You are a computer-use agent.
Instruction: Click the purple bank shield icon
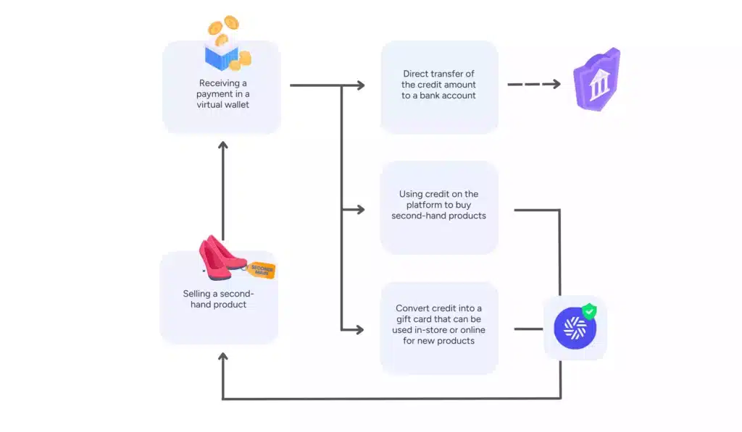click(x=597, y=80)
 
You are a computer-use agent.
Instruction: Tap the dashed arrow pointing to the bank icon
click(x=534, y=84)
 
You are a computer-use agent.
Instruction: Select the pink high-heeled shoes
click(x=221, y=257)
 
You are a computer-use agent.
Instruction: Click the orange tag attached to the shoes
click(x=261, y=270)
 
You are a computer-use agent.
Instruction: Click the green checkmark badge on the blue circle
click(x=589, y=311)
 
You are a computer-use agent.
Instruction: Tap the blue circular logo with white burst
click(x=575, y=329)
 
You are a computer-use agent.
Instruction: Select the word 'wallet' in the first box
click(x=235, y=104)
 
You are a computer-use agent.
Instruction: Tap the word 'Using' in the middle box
click(x=410, y=194)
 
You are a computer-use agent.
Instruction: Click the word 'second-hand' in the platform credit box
click(x=415, y=216)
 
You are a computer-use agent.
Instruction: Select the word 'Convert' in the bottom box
click(x=412, y=308)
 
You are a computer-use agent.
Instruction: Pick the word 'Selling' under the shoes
click(x=197, y=294)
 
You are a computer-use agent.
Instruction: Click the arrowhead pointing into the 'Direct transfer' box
click(x=360, y=85)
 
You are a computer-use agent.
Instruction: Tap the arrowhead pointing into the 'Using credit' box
click(x=360, y=209)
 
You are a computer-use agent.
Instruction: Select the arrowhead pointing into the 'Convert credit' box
click(x=359, y=329)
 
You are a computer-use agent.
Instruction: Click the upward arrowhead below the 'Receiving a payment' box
click(x=223, y=145)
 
